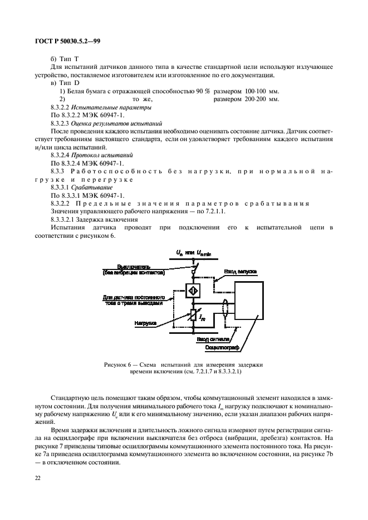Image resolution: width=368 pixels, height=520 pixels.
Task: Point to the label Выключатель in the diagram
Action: coord(134,266)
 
